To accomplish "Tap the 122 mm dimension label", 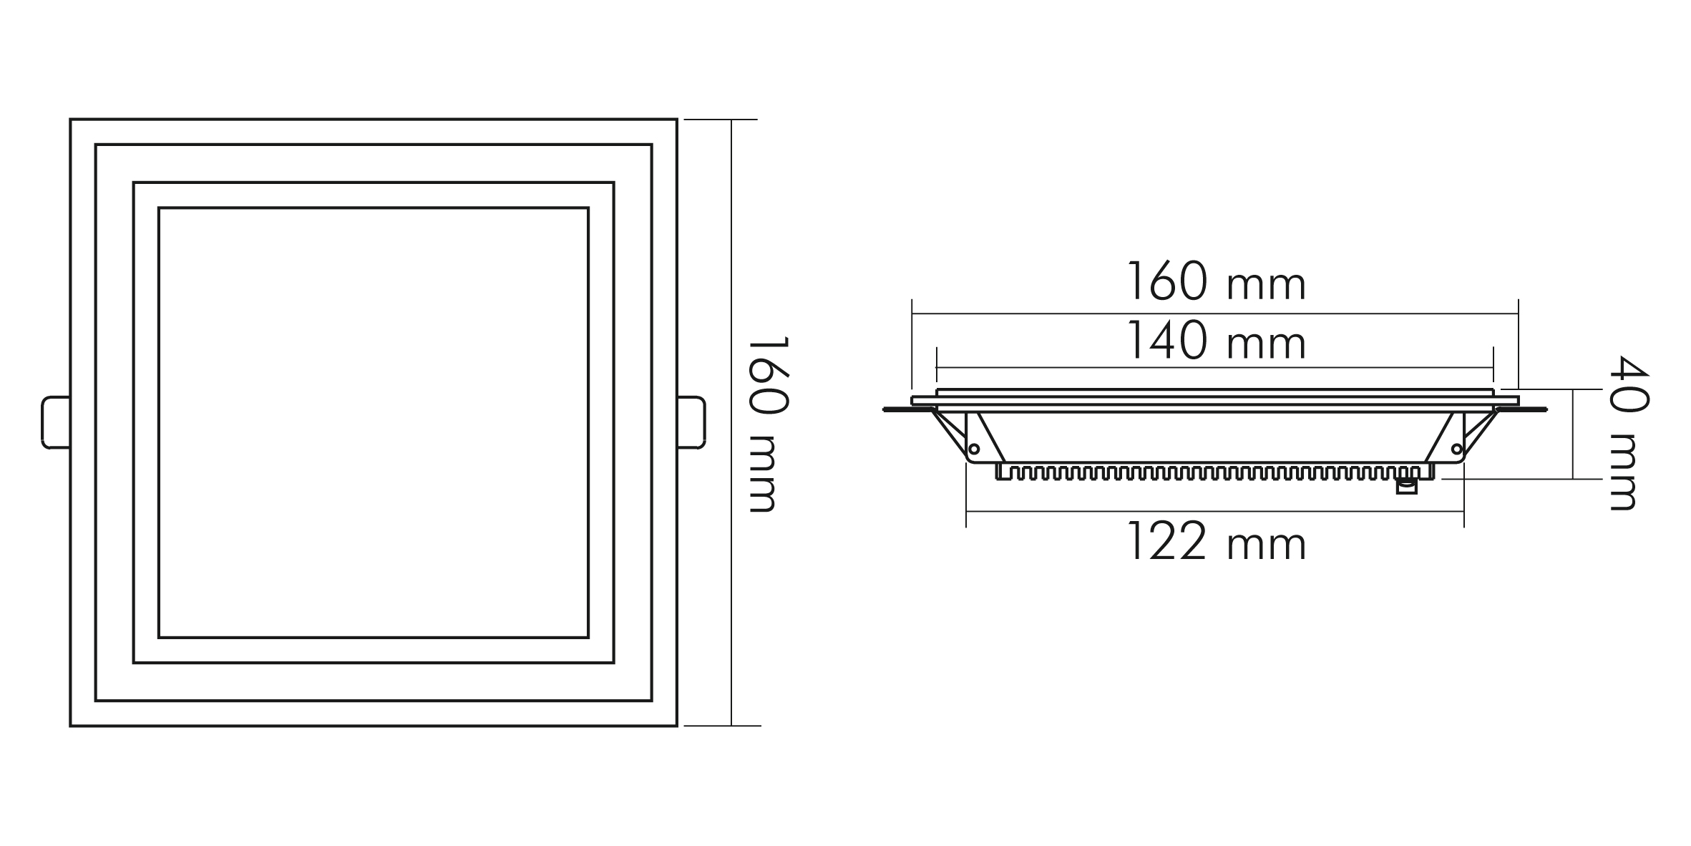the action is pyautogui.click(x=1217, y=540).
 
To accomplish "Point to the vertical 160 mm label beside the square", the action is pyautogui.click(x=769, y=424).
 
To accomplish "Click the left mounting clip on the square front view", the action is pyautogui.click(x=56, y=422).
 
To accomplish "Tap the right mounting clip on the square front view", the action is pyautogui.click(x=691, y=422).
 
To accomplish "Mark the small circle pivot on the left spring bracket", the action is pyautogui.click(x=973, y=449).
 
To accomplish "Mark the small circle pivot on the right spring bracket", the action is pyautogui.click(x=1456, y=449).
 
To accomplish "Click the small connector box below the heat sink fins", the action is pyautogui.click(x=1406, y=486).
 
